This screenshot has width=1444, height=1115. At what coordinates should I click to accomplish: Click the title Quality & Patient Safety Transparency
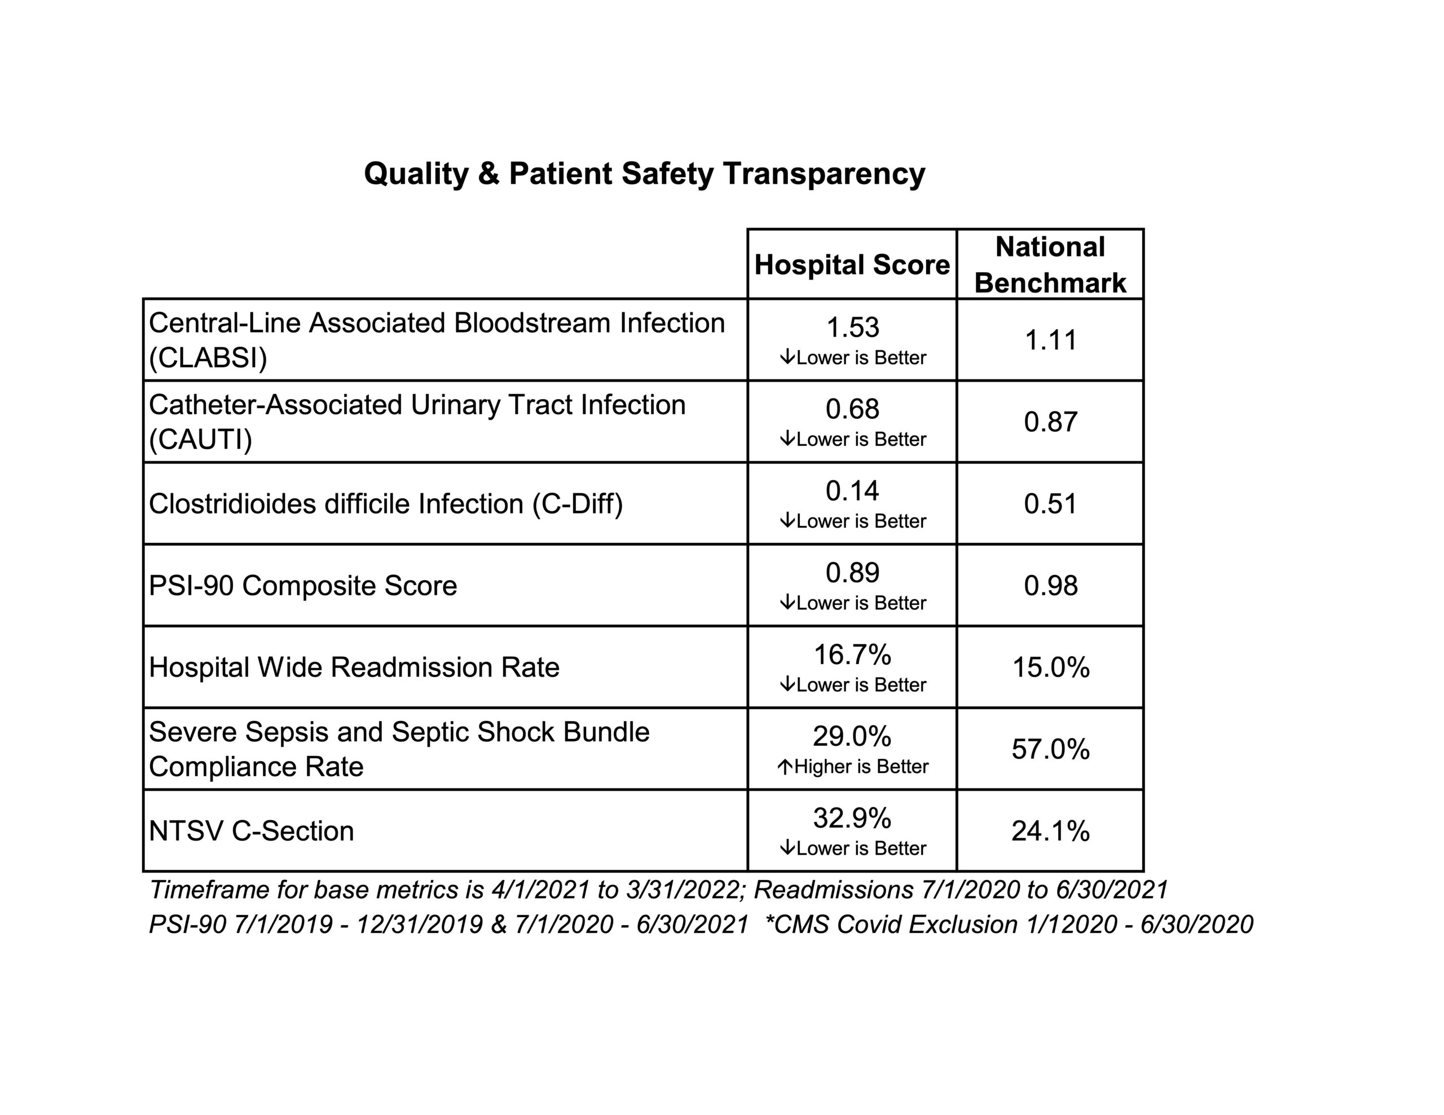click(645, 174)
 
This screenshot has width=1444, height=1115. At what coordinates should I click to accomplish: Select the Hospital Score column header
click(852, 265)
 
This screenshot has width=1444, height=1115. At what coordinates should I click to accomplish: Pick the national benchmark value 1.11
click(1051, 340)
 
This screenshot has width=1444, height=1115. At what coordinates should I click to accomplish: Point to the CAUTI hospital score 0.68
click(853, 409)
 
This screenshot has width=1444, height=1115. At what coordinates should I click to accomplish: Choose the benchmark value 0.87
click(1051, 422)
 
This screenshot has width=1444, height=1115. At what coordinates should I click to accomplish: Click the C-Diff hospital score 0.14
click(853, 491)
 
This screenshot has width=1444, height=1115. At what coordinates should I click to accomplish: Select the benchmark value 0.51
click(1051, 503)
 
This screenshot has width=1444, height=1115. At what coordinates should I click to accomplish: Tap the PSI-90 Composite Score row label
click(303, 586)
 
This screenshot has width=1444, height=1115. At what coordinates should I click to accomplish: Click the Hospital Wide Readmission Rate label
click(354, 667)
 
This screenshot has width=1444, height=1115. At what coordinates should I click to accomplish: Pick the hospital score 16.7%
click(853, 655)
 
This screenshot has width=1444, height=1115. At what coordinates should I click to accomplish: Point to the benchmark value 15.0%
click(1051, 667)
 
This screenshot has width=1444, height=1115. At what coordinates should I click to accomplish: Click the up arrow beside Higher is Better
click(785, 767)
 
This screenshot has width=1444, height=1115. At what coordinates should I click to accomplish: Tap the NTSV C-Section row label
click(252, 831)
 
